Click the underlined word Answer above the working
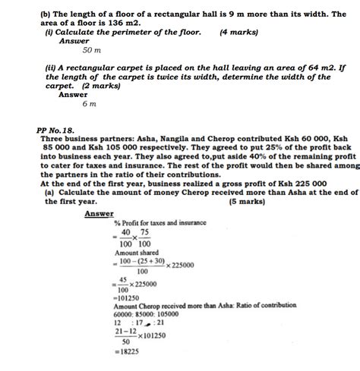pyautogui.click(x=99, y=213)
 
